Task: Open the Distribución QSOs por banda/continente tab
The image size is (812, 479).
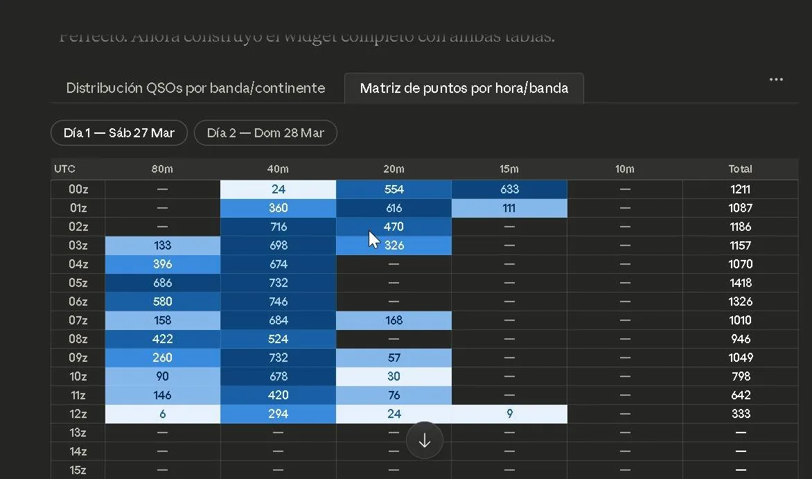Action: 195,88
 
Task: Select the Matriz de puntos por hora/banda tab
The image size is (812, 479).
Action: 464,88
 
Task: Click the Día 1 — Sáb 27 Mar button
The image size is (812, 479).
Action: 118,132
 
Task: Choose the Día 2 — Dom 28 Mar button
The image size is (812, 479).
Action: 265,132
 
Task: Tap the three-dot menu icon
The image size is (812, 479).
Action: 776,80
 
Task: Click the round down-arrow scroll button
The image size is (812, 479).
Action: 425,440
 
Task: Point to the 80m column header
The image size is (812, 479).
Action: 163,169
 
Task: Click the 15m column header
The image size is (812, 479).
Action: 509,169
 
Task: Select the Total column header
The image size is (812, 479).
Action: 740,169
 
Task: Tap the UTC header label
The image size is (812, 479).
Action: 65,169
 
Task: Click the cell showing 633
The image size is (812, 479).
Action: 509,189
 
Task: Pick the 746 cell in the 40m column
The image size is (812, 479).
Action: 279,302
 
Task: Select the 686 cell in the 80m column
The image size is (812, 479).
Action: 163,283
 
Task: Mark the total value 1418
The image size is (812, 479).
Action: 740,283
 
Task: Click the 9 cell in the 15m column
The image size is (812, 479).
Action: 509,414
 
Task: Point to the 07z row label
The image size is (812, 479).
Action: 78,320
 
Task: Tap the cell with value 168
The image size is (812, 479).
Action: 394,320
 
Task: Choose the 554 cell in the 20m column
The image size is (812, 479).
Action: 394,189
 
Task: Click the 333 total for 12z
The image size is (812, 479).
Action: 740,414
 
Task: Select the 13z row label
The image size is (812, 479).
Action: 78,433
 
